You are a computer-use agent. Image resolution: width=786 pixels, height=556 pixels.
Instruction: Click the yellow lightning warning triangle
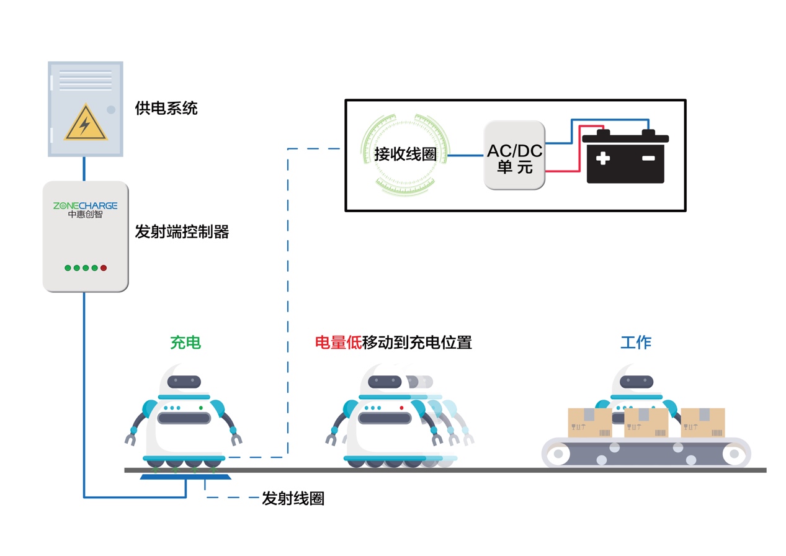(86, 123)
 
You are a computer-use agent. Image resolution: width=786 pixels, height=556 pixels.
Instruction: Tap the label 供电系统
(166, 108)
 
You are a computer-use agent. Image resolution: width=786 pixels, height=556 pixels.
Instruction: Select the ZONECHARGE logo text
(85, 205)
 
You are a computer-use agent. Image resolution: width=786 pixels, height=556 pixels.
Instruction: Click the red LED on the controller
(104, 268)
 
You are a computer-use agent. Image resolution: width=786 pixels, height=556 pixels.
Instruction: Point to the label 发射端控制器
(182, 233)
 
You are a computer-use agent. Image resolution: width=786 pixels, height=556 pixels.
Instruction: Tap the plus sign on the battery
(602, 159)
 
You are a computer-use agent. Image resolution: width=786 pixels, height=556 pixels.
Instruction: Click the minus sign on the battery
(648, 159)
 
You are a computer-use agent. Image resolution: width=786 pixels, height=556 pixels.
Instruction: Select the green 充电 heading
(185, 342)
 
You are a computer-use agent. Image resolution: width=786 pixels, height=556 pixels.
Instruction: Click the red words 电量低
(339, 342)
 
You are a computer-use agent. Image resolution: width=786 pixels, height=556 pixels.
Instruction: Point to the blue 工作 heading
(636, 342)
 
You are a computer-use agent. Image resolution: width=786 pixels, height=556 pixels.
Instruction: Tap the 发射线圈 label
(293, 498)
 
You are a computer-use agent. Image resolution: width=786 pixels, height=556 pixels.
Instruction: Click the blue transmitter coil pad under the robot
(185, 477)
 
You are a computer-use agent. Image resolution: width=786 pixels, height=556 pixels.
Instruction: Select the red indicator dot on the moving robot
(401, 408)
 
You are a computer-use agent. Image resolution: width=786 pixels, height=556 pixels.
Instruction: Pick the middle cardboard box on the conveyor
(646, 423)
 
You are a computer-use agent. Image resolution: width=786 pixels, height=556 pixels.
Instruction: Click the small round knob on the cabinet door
(111, 110)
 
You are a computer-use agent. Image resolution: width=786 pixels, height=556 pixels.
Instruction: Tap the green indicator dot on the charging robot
(200, 408)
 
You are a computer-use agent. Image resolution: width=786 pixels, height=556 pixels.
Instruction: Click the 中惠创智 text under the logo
(85, 215)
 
